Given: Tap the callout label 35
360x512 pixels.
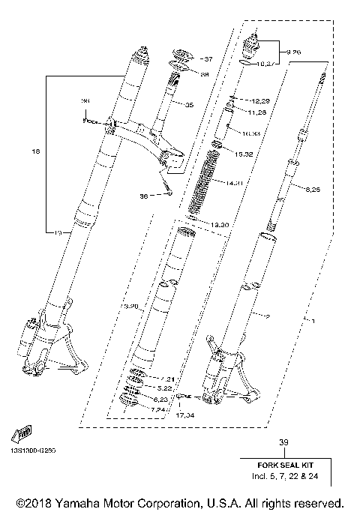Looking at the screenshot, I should click(188, 105).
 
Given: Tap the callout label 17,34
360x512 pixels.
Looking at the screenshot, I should click(185, 414).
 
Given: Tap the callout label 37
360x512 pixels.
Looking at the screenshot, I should click(208, 58).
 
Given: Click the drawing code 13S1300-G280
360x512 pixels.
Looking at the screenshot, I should click(34, 451).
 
